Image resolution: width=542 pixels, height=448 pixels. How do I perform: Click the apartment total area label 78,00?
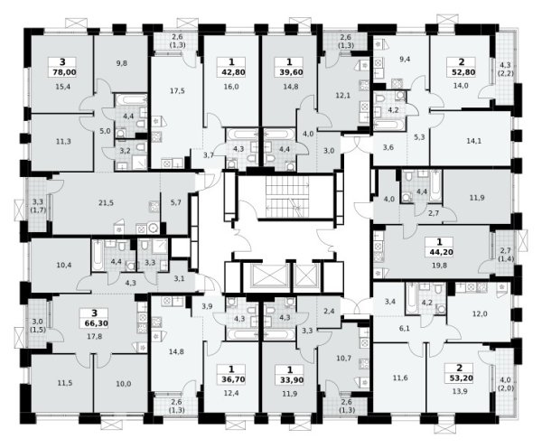pos(64,72)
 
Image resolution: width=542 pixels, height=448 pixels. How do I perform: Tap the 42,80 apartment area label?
pos(231,72)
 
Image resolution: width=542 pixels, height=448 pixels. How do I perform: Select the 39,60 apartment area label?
pos(289,72)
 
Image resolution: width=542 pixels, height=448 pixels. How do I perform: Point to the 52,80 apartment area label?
pos(461,72)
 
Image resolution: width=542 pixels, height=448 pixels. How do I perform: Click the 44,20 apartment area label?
pos(439,252)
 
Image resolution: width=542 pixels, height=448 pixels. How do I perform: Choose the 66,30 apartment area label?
pos(94,323)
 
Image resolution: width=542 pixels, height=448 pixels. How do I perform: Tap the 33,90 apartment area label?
pos(290,379)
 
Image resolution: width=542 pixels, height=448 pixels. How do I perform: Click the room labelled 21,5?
pos(106,203)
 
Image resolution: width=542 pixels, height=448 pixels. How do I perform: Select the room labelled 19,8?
pos(439,266)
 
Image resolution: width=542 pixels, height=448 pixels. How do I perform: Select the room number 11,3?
pos(63,141)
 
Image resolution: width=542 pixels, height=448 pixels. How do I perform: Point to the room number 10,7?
pos(344,358)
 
